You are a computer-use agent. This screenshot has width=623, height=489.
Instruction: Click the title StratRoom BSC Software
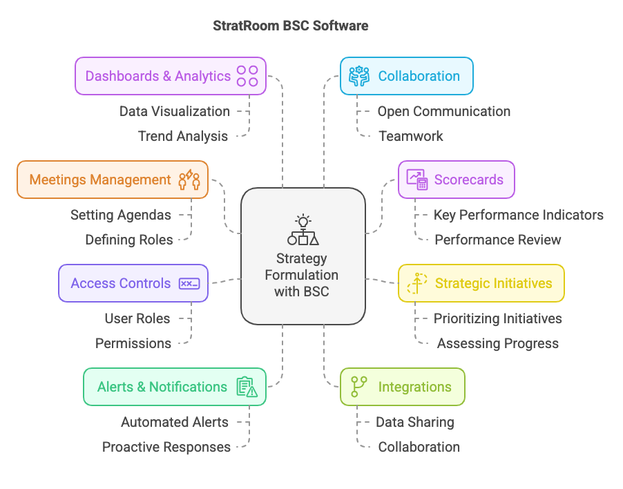(x=291, y=26)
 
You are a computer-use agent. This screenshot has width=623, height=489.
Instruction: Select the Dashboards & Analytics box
(x=170, y=76)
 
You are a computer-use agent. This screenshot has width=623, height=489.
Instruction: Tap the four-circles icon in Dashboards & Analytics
(x=247, y=76)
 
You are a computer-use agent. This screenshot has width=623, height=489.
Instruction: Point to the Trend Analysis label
(x=182, y=136)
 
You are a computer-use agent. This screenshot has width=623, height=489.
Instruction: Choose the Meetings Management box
(x=112, y=180)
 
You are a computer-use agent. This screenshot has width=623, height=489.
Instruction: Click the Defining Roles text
(x=128, y=240)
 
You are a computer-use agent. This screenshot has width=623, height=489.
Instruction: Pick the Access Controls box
(x=133, y=283)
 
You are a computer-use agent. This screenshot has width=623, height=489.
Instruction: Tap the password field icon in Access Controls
(x=189, y=283)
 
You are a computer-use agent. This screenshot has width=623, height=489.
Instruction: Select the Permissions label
(x=133, y=343)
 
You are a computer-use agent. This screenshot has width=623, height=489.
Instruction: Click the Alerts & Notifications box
(x=174, y=387)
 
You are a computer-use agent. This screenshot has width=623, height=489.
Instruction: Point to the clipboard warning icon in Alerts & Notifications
(x=247, y=387)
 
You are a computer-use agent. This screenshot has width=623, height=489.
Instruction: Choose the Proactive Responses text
(x=166, y=447)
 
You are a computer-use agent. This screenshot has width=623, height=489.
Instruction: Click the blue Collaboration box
(x=406, y=76)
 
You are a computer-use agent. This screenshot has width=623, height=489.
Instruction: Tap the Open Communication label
(x=443, y=111)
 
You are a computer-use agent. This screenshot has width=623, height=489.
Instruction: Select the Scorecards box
(x=456, y=180)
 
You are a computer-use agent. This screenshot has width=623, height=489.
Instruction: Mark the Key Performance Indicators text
(x=518, y=215)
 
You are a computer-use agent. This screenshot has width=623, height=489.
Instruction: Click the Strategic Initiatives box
(x=481, y=283)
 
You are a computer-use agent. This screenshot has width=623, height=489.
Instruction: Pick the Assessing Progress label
(x=497, y=343)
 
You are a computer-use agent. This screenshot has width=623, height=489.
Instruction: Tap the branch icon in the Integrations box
(x=358, y=387)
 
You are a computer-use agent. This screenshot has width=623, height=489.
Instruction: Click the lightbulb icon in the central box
(x=303, y=222)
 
